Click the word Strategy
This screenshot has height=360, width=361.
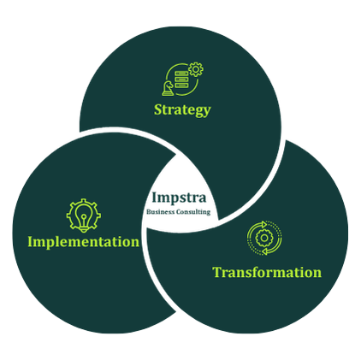click(x=182, y=110)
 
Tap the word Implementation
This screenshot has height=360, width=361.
click(x=84, y=242)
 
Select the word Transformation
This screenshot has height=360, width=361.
click(x=267, y=272)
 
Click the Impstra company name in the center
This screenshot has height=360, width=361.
click(x=179, y=198)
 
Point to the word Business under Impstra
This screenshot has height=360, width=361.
click(x=161, y=212)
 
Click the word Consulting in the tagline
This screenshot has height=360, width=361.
click(x=193, y=212)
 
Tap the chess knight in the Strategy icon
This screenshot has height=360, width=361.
click(x=168, y=88)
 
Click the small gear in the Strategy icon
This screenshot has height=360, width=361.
click(x=196, y=69)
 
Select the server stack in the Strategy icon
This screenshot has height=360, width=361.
click(x=181, y=80)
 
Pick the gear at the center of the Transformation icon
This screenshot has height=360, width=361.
click(x=264, y=238)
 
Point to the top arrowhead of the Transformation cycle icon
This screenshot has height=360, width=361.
click(x=263, y=224)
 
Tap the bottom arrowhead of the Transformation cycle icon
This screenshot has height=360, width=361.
click(x=265, y=251)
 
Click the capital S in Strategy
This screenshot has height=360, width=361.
click(x=158, y=109)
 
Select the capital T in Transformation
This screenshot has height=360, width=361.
click(x=218, y=272)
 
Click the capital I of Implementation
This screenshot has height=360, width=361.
click(x=31, y=242)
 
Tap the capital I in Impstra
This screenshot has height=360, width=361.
click(x=155, y=198)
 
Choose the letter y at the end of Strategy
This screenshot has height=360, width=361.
click(x=207, y=112)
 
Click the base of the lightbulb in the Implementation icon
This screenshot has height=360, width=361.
click(x=84, y=228)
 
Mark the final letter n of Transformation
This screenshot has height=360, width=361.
click(x=317, y=274)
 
